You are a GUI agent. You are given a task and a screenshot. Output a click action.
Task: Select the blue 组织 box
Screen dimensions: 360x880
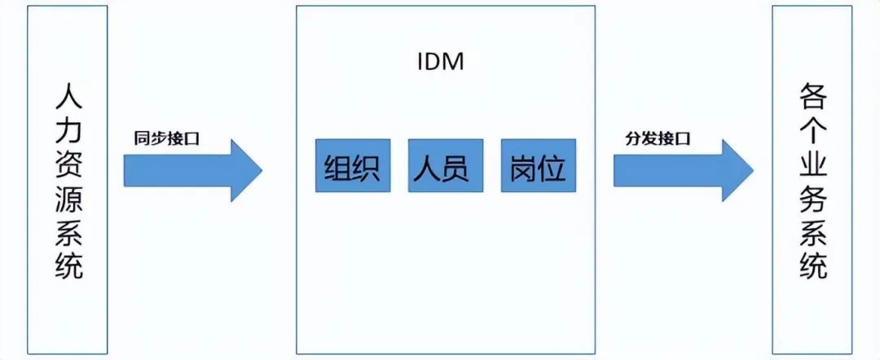353,165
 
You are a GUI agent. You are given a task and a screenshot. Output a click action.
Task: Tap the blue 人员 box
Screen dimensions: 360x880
446,165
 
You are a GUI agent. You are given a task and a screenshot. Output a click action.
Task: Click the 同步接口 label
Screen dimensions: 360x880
167,138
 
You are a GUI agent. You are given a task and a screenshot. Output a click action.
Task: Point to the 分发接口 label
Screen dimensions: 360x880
658,138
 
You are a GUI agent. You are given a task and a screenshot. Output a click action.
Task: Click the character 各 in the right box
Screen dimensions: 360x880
812,98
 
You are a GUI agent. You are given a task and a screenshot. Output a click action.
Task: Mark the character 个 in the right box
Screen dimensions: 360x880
812,131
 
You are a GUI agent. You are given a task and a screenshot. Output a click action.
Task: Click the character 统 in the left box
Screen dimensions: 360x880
69,266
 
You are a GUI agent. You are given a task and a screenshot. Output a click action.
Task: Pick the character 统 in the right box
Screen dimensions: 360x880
812,266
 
